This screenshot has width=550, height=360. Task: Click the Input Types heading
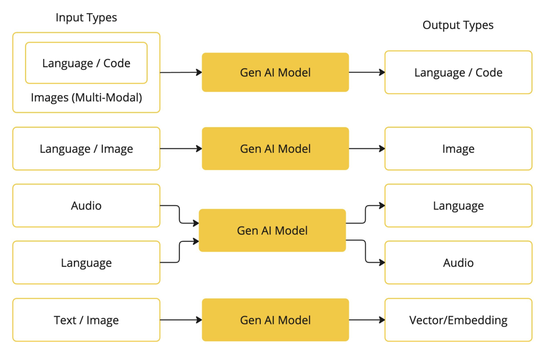pos(86,17)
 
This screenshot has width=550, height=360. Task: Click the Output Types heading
pos(458,25)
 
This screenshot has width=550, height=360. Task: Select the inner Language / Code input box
pos(86,63)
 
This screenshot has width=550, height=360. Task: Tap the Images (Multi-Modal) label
pos(86,98)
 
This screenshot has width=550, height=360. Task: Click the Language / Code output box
pos(458,72)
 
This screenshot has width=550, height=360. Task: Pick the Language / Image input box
pos(86,149)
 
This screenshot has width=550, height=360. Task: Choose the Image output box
pos(458,149)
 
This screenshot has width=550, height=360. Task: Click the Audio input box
pos(86,206)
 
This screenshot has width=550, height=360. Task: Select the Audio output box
pos(458,262)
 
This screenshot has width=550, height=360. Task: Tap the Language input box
pos(86,262)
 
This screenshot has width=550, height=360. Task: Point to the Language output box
pos(458,206)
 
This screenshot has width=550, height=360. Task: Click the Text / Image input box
pos(86,320)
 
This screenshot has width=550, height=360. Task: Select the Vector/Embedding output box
pos(458,320)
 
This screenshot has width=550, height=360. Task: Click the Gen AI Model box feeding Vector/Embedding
pos(276,320)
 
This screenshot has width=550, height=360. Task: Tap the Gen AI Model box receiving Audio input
pos(272,231)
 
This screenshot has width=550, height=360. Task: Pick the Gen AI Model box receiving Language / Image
pos(276,149)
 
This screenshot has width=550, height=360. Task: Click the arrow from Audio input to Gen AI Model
pos(179,214)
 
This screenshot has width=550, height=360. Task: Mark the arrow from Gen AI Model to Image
pos(367,149)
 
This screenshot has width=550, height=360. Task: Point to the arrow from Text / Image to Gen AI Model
pos(181,320)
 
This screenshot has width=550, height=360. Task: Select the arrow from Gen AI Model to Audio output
pos(366,251)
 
